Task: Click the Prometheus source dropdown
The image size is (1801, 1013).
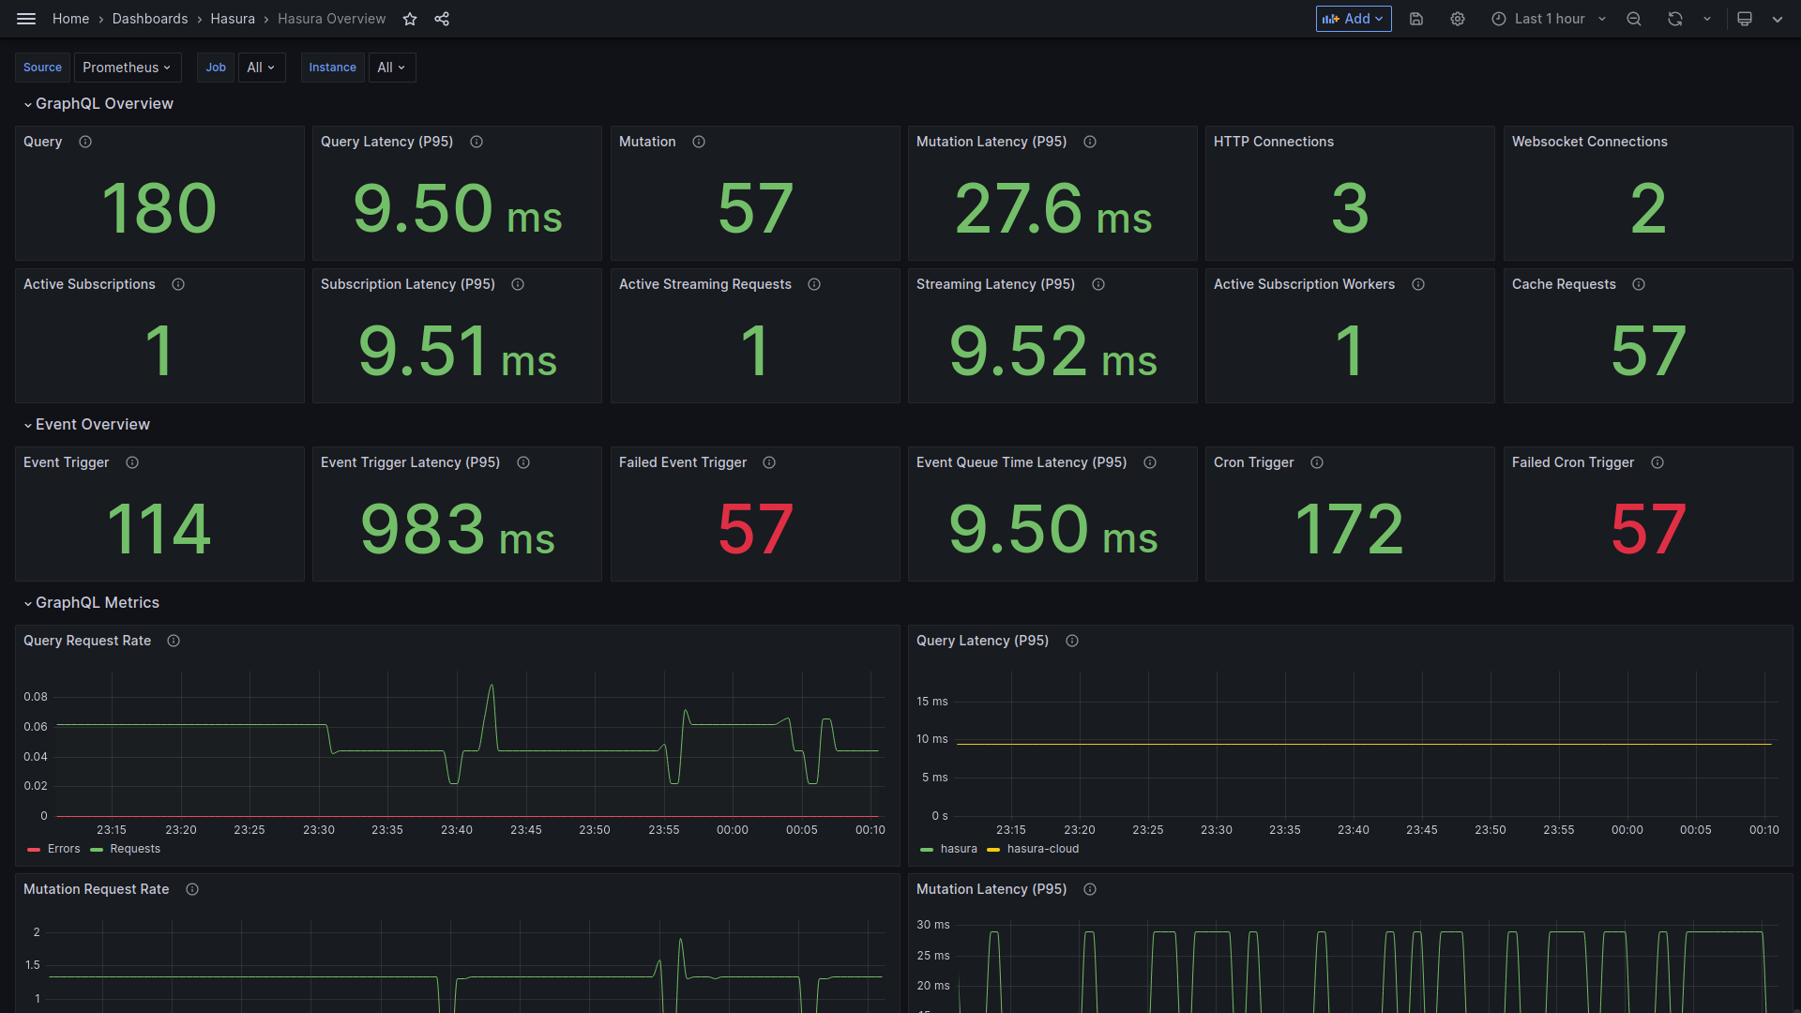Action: pos(127,68)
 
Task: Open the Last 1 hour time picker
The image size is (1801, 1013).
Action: pos(1549,19)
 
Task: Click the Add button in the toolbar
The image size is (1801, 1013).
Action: pos(1353,19)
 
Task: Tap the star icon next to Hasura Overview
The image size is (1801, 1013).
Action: pos(410,19)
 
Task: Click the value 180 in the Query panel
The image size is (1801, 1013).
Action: pos(159,208)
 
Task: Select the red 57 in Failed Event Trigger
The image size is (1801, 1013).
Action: pos(755,529)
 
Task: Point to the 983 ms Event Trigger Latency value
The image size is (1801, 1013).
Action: pos(458,529)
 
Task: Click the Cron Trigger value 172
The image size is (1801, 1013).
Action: pos(1349,529)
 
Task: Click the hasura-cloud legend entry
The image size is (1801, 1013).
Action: pos(1042,849)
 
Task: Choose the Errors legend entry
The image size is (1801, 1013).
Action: pos(63,849)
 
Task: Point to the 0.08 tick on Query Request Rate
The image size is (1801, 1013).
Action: pos(36,697)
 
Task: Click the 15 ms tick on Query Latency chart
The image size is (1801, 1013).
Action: pos(931,702)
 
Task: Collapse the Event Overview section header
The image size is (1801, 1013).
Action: pos(92,425)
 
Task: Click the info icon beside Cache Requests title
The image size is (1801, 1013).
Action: pos(1639,284)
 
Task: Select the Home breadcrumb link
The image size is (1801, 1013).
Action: pos(70,19)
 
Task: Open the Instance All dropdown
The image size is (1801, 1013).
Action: pos(391,68)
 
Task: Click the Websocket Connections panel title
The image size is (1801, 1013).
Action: pos(1589,142)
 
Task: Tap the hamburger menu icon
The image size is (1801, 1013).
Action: pos(26,19)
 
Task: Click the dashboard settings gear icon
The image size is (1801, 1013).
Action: pos(1458,19)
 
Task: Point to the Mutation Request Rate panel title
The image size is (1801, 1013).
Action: pos(96,889)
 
